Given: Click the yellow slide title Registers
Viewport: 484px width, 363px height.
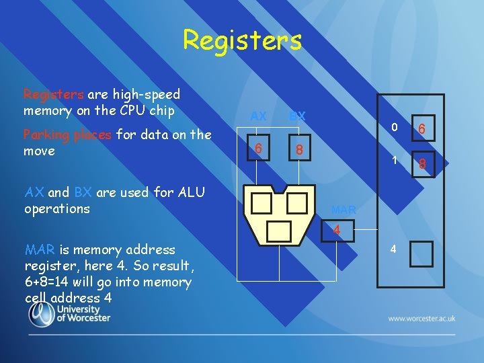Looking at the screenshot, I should pos(242,40).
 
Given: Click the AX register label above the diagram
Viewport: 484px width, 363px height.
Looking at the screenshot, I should pos(258,116).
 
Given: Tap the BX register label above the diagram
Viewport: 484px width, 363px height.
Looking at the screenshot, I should pos(297,116).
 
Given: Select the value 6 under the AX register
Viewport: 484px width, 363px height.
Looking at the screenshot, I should pos(258,147).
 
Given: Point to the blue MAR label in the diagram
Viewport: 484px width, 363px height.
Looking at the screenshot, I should pos(344,210).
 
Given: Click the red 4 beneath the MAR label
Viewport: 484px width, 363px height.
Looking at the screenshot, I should pos(337,231).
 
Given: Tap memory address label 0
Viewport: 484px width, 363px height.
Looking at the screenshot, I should pos(396,128).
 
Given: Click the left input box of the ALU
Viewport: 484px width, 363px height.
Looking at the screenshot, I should pos(262,203).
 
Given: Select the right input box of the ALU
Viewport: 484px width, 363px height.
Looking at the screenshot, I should pos(296,203).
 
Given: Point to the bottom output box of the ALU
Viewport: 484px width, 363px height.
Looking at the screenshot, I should pos(279,231).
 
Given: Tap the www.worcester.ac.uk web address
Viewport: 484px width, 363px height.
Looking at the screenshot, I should pos(421,317).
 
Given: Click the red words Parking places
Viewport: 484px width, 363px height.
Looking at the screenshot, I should pos(67,134).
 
